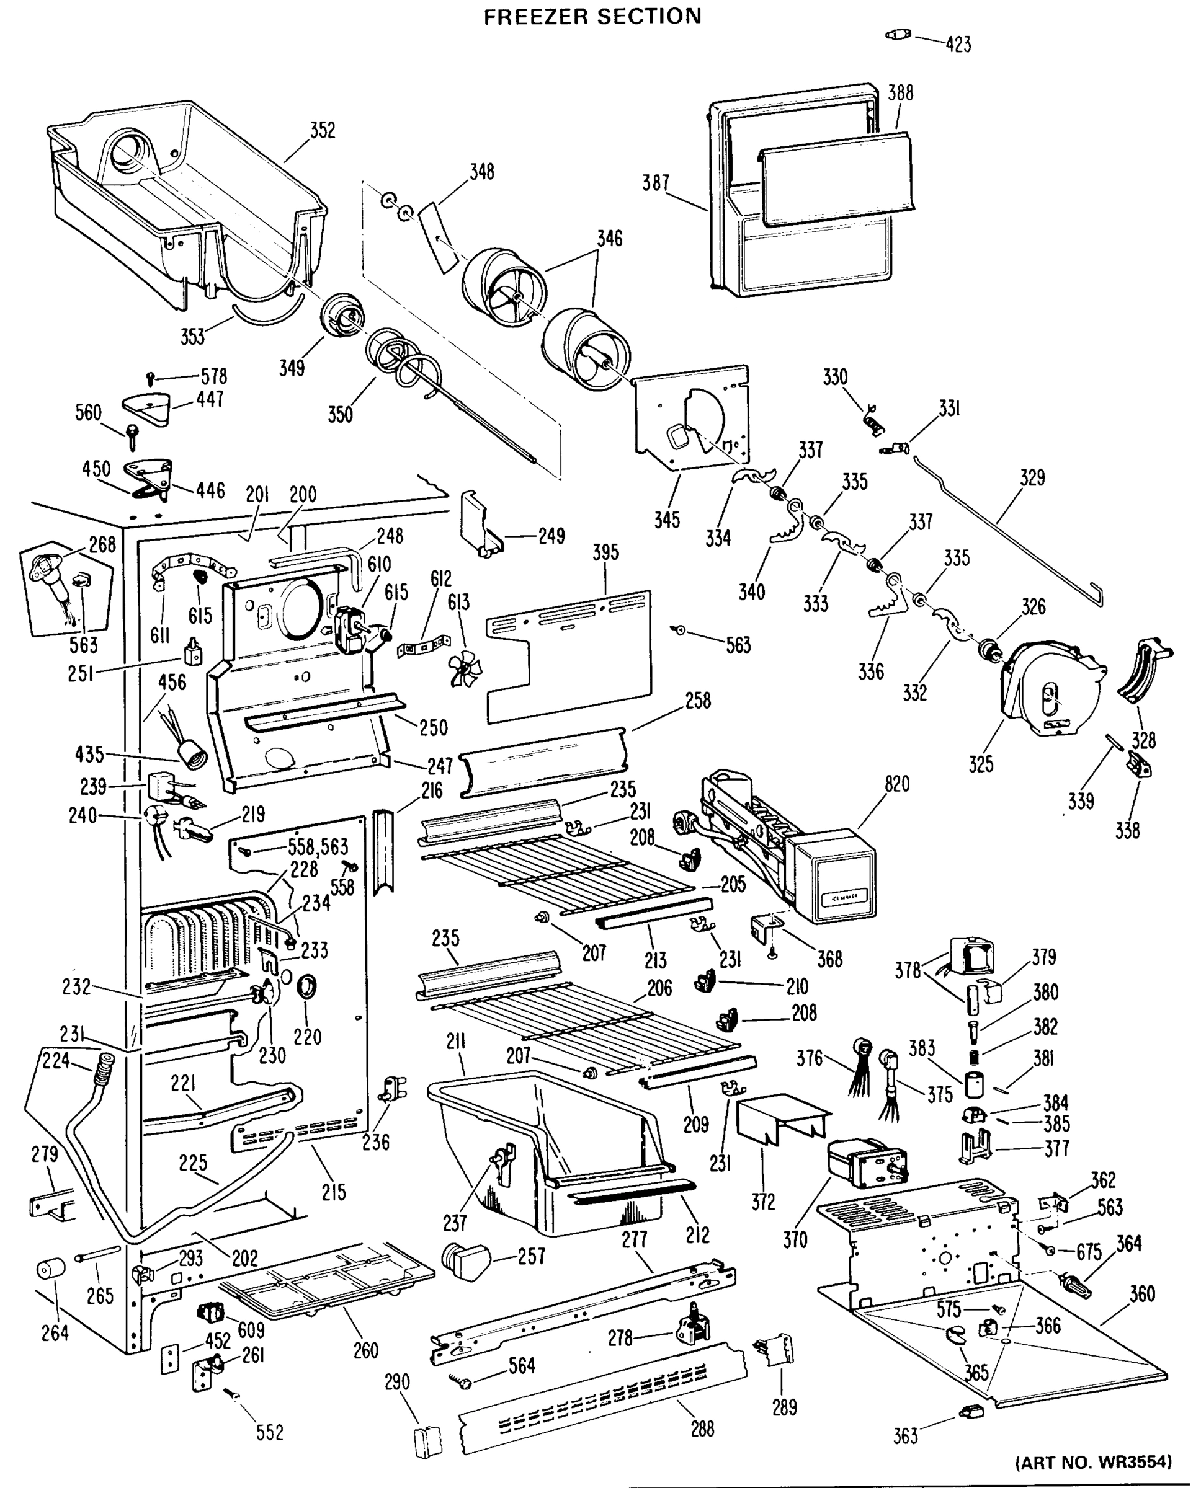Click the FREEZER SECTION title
coord(592,16)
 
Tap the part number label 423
coord(958,45)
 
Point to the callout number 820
coord(896,784)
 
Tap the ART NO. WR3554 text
coord(1093,1462)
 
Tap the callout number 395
coord(605,552)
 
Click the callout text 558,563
coord(318,847)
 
